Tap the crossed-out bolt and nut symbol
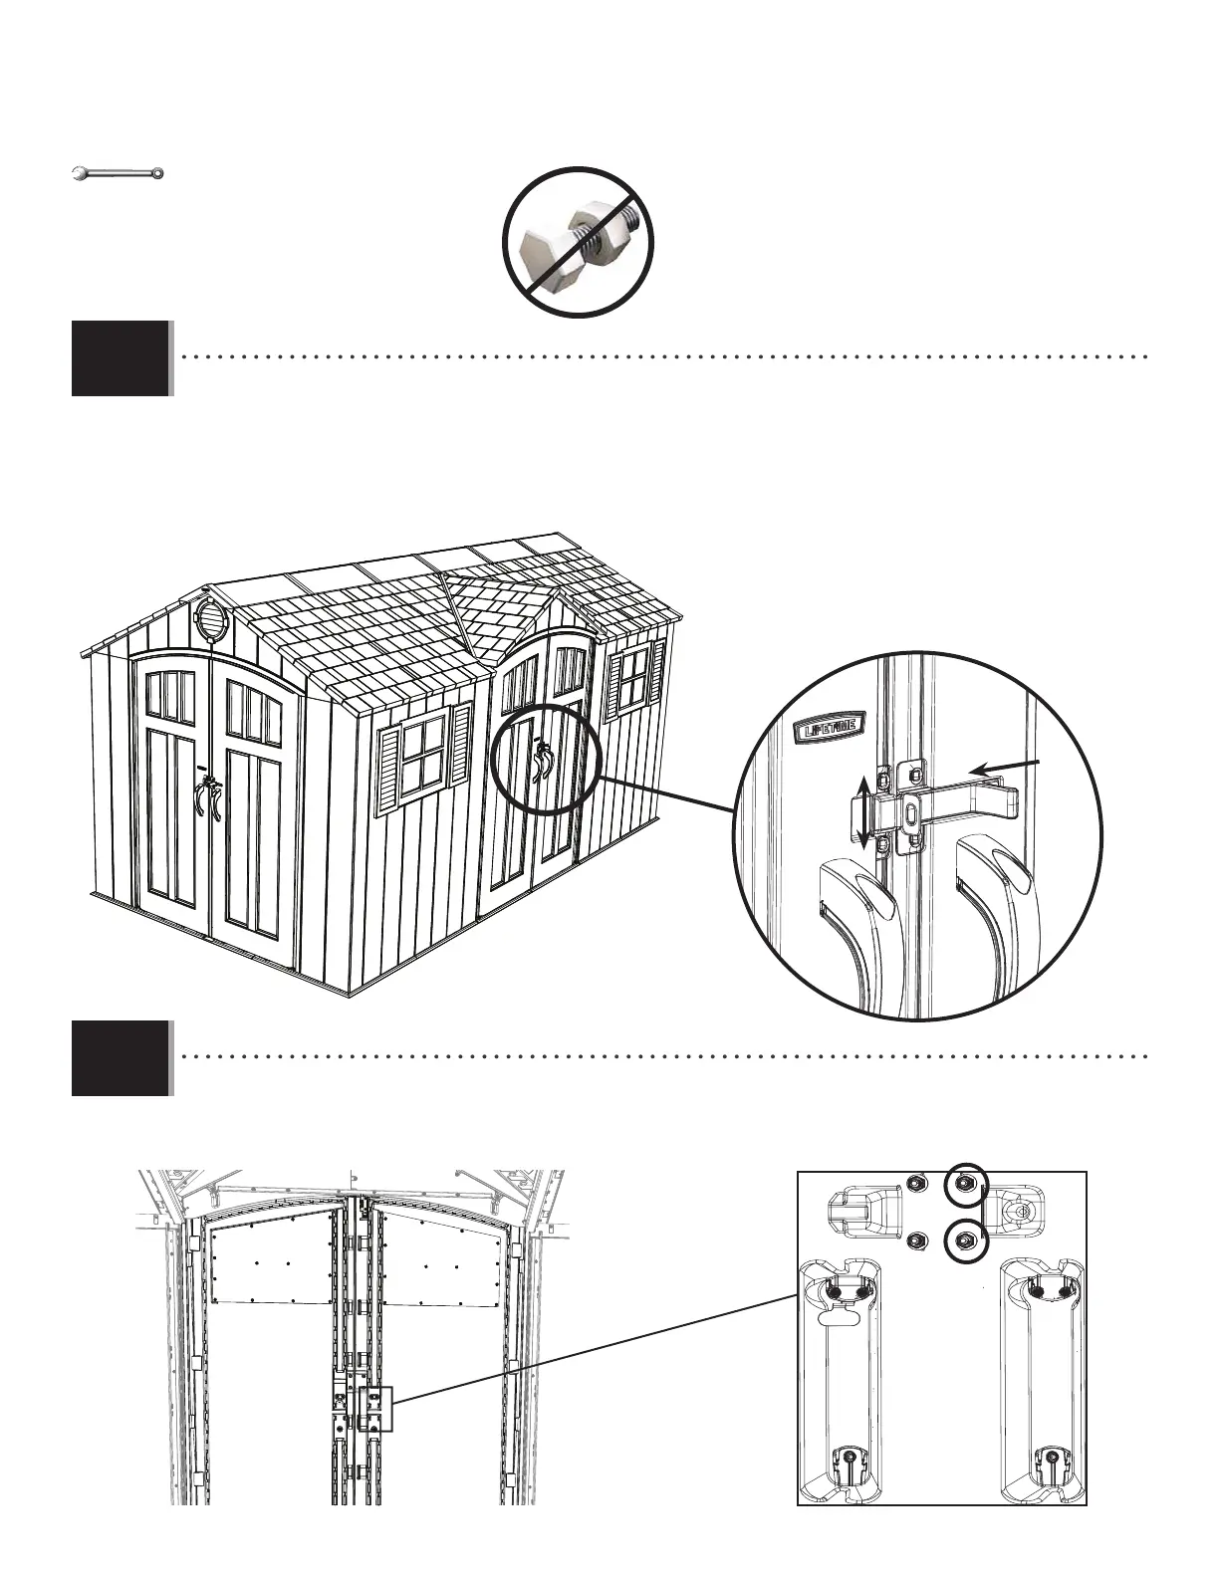tap(581, 242)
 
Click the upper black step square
tap(121, 358)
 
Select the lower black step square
tap(121, 1057)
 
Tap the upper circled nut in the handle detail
tap(964, 1184)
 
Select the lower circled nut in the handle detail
tap(964, 1239)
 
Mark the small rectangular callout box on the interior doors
tap(376, 1409)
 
